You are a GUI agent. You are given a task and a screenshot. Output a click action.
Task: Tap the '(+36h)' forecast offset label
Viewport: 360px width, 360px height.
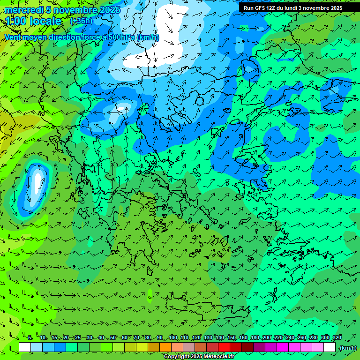pyautogui.click(x=81, y=21)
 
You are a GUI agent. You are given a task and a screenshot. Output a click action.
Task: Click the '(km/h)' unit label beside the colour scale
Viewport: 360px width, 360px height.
pyautogui.click(x=347, y=347)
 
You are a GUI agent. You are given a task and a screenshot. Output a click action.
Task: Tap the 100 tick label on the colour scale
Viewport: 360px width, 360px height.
pyautogui.click(x=173, y=338)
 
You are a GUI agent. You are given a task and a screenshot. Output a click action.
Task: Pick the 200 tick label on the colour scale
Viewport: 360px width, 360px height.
pyautogui.click(x=267, y=338)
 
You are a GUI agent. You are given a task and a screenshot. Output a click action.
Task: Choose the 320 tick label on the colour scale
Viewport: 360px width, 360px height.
pyautogui.click(x=337, y=338)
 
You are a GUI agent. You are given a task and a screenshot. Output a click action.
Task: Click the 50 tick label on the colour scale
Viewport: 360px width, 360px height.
pyautogui.click(x=112, y=338)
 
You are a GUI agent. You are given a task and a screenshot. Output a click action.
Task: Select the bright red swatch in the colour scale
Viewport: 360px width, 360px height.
pyautogui.click(x=224, y=347)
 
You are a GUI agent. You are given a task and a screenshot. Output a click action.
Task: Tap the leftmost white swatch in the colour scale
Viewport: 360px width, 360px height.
pyautogui.click(x=25, y=347)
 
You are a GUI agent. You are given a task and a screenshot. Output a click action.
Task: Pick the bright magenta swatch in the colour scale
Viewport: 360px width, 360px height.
pyautogui.click(x=283, y=347)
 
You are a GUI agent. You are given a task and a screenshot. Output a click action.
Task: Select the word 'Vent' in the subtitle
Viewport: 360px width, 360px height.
pyautogui.click(x=14, y=37)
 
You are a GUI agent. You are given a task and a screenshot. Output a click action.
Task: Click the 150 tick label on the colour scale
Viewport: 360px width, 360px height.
pyautogui.click(x=232, y=338)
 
